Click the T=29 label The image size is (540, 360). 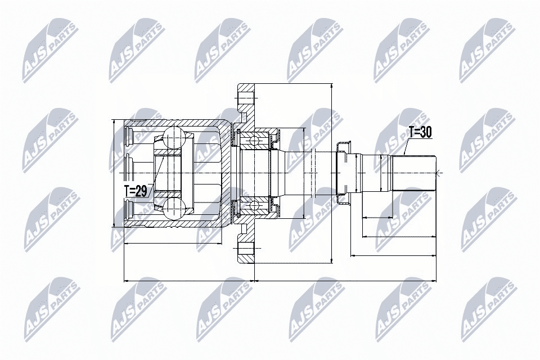pos(136,191)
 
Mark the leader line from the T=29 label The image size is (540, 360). pos(156,174)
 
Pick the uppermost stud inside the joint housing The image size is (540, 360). pos(128,134)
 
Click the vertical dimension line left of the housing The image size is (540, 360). pos(114,173)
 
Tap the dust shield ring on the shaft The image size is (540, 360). pos(343,173)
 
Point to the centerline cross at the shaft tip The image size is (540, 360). pos(439,172)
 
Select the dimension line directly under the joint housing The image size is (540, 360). pos(172,244)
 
